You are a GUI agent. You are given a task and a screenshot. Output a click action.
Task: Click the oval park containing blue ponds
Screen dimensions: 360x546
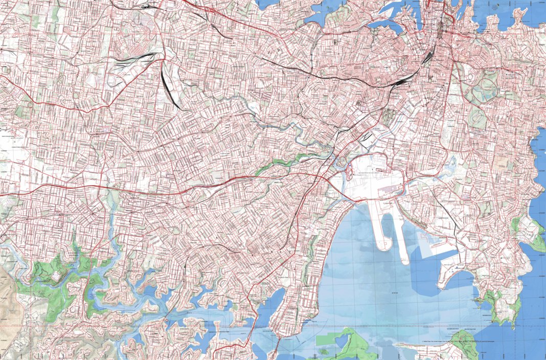[484, 90]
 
